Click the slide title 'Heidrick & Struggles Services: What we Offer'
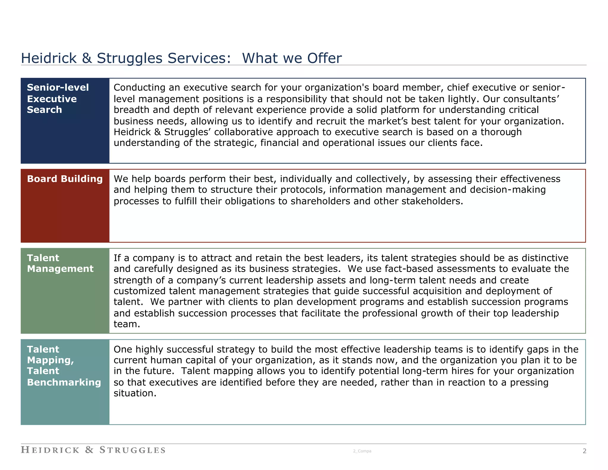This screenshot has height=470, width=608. click(181, 58)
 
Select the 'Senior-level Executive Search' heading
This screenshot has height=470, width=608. click(58, 99)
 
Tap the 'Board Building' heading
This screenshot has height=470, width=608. click(65, 179)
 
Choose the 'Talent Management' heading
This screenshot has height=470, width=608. click(60, 263)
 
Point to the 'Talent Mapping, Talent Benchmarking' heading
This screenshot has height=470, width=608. click(64, 365)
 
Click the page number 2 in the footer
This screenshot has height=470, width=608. click(584, 451)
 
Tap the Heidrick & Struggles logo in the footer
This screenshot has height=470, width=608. click(93, 450)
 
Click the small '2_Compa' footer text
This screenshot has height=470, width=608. click(362, 451)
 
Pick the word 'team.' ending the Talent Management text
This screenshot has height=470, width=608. click(127, 324)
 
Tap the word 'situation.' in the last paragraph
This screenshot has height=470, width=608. click(135, 393)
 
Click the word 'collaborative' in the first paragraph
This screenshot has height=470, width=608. click(242, 132)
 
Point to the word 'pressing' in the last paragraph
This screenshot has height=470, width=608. click(529, 383)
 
